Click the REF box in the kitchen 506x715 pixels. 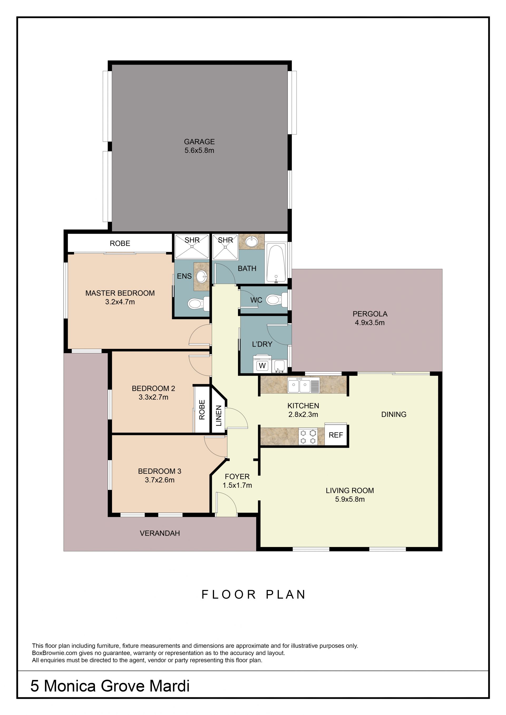[x=335, y=435]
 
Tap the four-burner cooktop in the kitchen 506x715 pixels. [x=308, y=436]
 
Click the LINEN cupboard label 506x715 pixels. [x=219, y=415]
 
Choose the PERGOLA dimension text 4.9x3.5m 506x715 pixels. [x=369, y=323]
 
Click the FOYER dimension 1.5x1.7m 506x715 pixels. [x=237, y=485]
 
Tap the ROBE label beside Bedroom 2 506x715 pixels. [x=202, y=410]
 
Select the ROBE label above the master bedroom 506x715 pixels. [x=120, y=243]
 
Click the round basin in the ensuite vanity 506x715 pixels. [x=201, y=276]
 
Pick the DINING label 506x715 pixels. [x=393, y=414]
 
